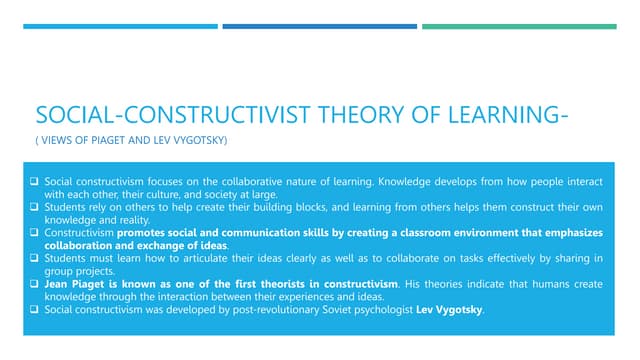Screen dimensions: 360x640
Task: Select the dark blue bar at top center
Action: pyautogui.click(x=320, y=26)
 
